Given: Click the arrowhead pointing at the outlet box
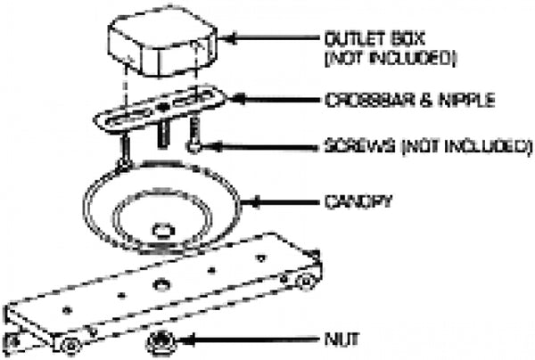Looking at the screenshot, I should point(226,38).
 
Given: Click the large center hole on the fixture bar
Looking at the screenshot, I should point(163,283).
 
